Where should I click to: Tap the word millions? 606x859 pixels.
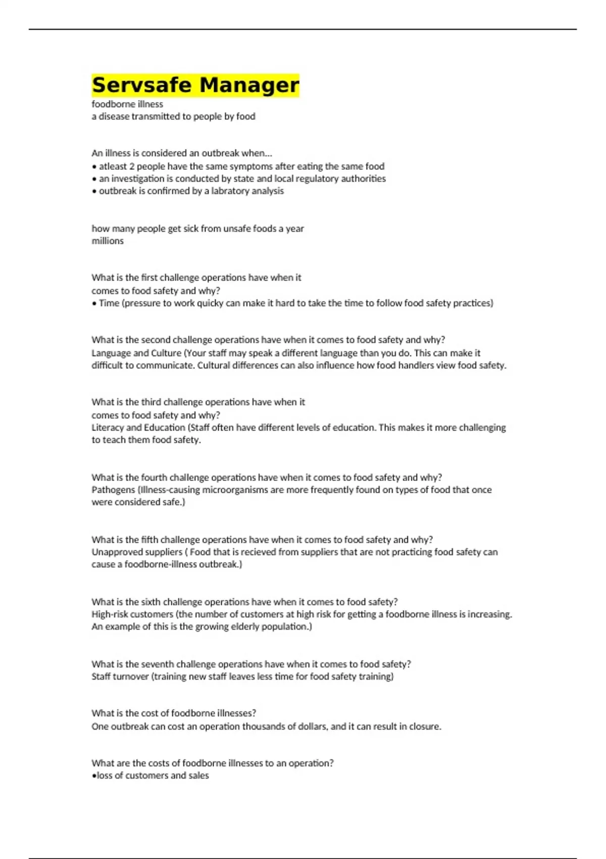pyautogui.click(x=108, y=241)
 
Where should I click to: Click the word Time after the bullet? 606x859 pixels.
pyautogui.click(x=109, y=303)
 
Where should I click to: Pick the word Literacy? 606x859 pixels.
pyautogui.click(x=107, y=427)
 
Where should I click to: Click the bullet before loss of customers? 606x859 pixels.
pyautogui.click(x=94, y=776)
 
